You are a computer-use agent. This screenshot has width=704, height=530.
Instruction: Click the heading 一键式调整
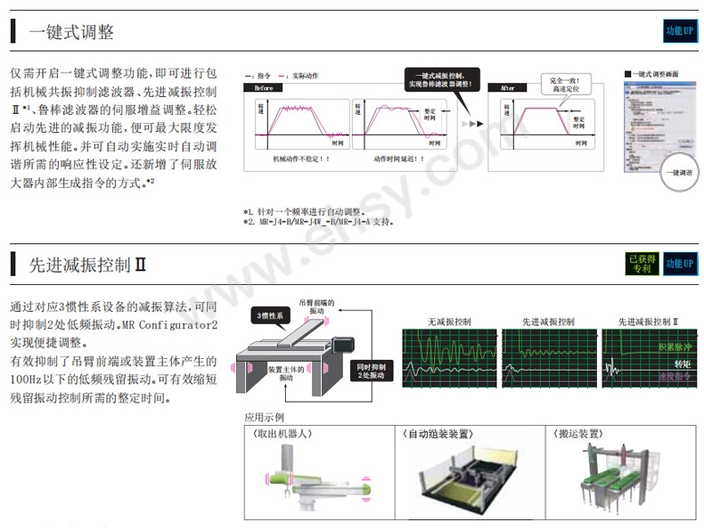click(71, 33)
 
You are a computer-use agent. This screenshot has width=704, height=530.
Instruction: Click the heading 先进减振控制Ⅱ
click(87, 265)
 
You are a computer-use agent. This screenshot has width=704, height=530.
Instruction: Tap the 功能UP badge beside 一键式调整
click(679, 31)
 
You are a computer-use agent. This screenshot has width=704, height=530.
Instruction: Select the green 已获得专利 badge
click(641, 263)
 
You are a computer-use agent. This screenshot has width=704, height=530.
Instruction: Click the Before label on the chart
click(264, 89)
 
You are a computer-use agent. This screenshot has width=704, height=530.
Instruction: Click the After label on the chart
click(508, 89)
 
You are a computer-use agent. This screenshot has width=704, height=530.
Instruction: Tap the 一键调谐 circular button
click(682, 172)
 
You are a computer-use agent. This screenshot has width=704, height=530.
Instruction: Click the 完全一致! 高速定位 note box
click(564, 84)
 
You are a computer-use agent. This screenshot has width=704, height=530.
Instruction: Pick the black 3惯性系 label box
click(269, 315)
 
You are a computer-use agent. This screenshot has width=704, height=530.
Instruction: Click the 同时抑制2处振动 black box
click(370, 371)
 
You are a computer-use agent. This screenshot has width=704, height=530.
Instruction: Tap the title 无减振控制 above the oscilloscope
click(449, 321)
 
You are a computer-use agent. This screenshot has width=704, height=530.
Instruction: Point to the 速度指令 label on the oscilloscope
click(675, 378)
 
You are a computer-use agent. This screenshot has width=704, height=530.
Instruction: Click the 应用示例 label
click(264, 417)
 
